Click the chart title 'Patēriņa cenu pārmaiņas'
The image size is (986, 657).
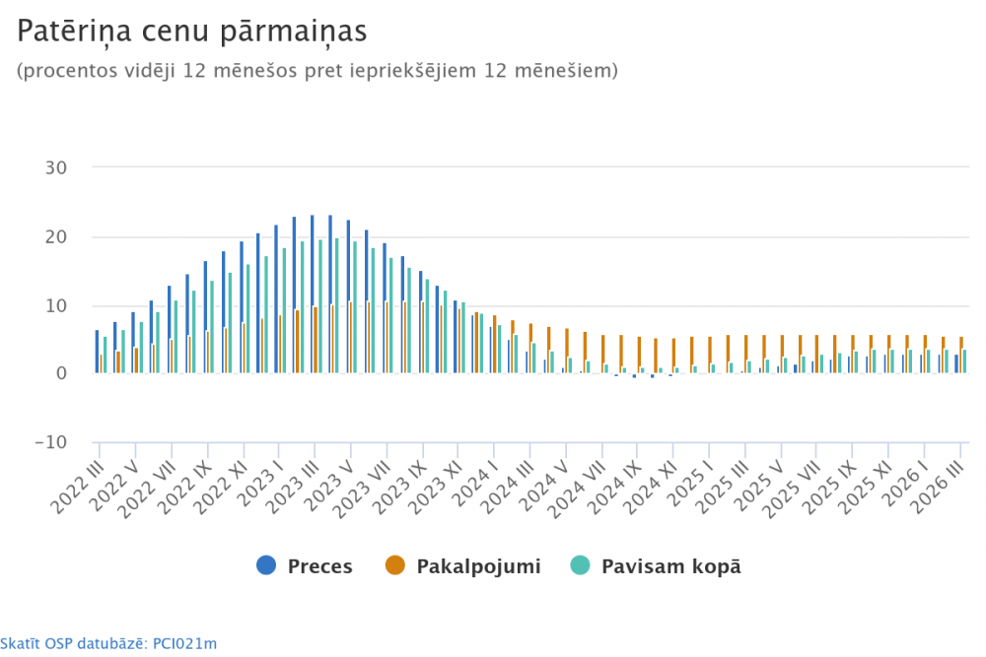point(191,32)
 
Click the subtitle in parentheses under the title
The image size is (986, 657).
point(317,71)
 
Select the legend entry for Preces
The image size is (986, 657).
point(305,566)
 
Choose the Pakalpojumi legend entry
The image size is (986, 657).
point(463,566)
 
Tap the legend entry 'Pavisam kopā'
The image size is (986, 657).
point(657,566)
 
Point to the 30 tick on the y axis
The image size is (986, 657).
point(56,167)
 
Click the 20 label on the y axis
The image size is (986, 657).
point(56,236)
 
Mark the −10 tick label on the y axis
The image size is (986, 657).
point(50,442)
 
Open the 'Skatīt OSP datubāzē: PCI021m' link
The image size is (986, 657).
point(108,644)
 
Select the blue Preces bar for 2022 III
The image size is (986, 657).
point(97,352)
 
